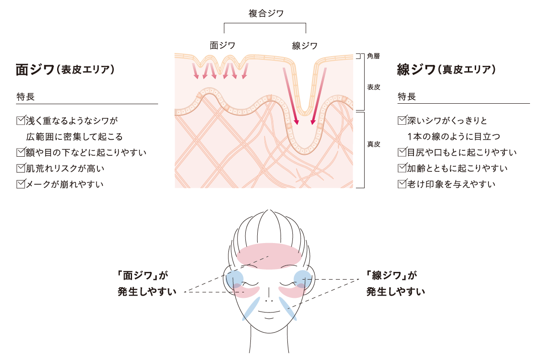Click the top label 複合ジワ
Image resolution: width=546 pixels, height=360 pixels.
tap(266, 13)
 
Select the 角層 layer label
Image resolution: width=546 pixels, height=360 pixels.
tap(373, 56)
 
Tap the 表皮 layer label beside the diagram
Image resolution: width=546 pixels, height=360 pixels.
tap(373, 86)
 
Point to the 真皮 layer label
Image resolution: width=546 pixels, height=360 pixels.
tap(373, 144)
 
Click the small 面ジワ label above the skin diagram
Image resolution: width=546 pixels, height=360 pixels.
tap(222, 45)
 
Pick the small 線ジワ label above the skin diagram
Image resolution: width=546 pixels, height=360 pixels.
tap(304, 45)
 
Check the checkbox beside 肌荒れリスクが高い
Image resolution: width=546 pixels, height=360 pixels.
tap(20, 168)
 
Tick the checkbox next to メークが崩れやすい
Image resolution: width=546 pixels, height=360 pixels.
tap(20, 184)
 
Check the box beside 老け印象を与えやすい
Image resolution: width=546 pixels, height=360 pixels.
tap(402, 184)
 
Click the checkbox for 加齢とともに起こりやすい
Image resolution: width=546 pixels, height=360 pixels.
tap(402, 168)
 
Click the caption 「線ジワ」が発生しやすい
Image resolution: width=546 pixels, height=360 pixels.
tap(395, 283)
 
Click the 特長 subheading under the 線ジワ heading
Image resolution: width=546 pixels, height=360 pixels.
tap(407, 97)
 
